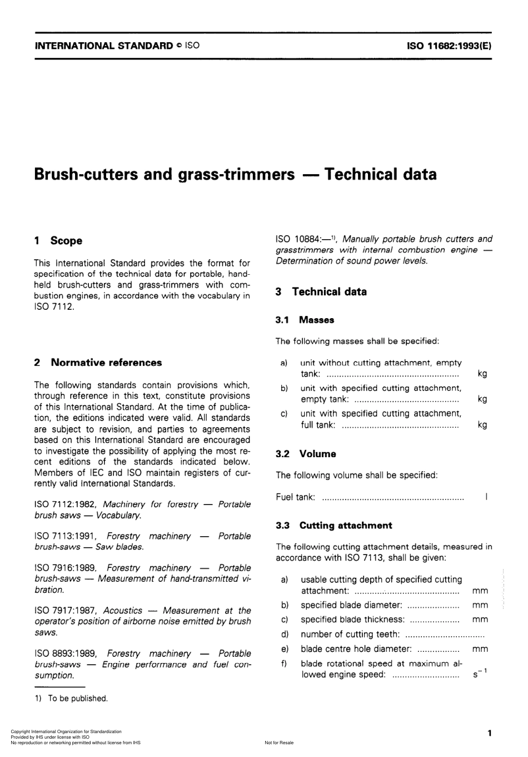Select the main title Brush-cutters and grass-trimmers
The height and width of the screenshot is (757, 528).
click(165, 175)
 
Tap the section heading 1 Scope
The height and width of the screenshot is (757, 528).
click(58, 241)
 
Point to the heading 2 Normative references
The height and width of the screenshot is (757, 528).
click(98, 363)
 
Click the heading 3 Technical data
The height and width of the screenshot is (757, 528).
click(321, 292)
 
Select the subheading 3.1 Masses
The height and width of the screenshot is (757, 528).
click(305, 320)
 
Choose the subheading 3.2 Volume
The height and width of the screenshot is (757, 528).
click(306, 454)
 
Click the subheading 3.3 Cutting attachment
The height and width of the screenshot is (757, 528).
click(334, 526)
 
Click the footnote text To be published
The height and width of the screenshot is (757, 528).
click(77, 699)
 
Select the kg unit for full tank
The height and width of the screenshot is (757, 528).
click(482, 425)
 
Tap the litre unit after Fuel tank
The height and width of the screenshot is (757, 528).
click(486, 497)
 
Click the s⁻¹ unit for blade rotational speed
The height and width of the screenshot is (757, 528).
click(480, 674)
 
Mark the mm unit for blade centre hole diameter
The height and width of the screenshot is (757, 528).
click(480, 649)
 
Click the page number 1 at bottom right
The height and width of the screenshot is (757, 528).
click(489, 733)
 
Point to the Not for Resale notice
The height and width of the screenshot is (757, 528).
click(279, 743)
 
